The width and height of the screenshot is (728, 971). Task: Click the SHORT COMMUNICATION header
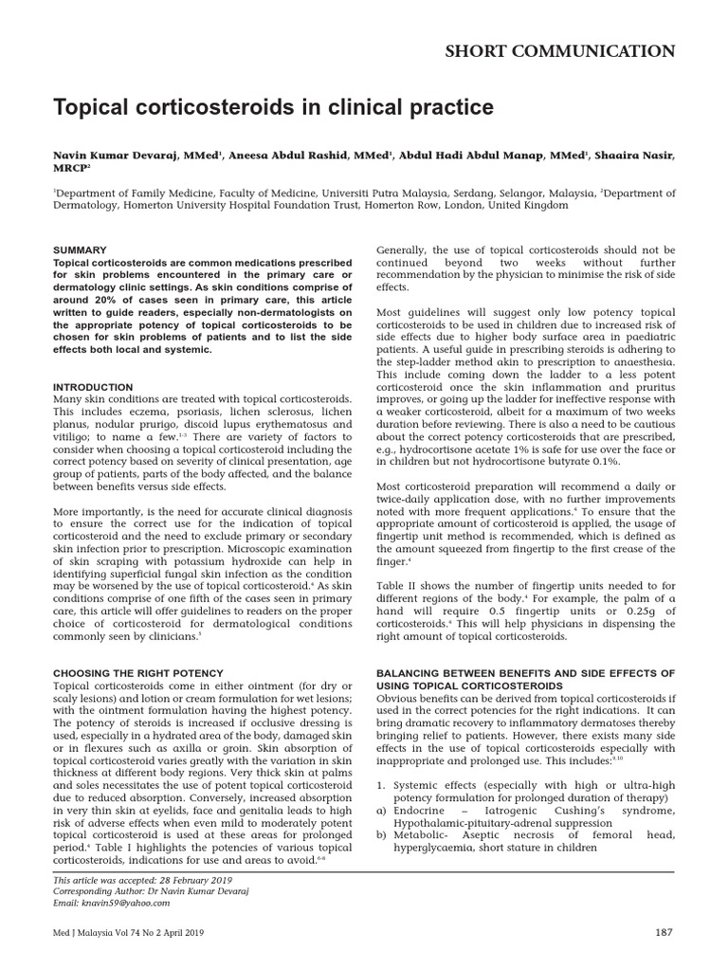560,51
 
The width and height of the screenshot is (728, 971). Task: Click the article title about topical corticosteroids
273,108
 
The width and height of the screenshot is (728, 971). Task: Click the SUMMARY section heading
80,249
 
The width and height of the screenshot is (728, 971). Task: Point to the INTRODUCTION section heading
93,388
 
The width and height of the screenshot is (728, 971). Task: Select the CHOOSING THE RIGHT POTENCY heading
137,672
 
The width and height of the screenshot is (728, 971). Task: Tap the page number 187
664,932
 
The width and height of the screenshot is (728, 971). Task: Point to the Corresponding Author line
143,892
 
